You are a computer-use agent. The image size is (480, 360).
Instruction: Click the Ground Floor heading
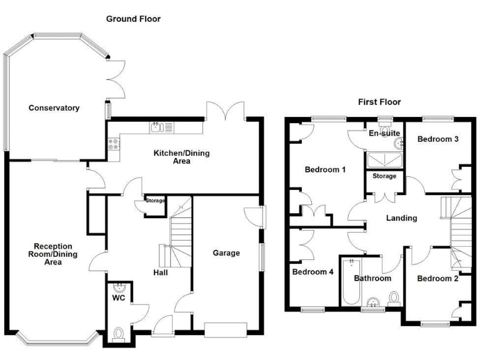pyautogui.click(x=133, y=19)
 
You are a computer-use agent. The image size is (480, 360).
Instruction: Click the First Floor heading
pyautogui.click(x=379, y=102)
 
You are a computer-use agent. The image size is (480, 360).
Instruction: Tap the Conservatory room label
pyautogui.click(x=54, y=108)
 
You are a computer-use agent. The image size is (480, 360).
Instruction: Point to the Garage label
pyautogui.click(x=226, y=253)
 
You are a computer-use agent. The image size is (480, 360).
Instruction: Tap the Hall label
pyautogui.click(x=160, y=272)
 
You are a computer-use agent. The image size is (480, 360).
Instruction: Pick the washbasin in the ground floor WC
pyautogui.click(x=121, y=288)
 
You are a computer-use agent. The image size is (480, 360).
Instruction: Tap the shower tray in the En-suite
pyautogui.click(x=384, y=160)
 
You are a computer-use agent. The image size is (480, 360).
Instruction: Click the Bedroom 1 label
pyautogui.click(x=324, y=169)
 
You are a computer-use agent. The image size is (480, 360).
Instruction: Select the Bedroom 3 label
pyautogui.click(x=438, y=139)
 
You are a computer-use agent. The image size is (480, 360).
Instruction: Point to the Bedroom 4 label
pyautogui.click(x=312, y=272)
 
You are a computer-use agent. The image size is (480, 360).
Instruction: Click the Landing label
pyautogui.click(x=401, y=218)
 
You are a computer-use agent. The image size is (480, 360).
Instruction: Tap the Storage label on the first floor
pyautogui.click(x=384, y=176)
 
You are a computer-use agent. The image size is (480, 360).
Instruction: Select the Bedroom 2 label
pyautogui.click(x=437, y=278)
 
